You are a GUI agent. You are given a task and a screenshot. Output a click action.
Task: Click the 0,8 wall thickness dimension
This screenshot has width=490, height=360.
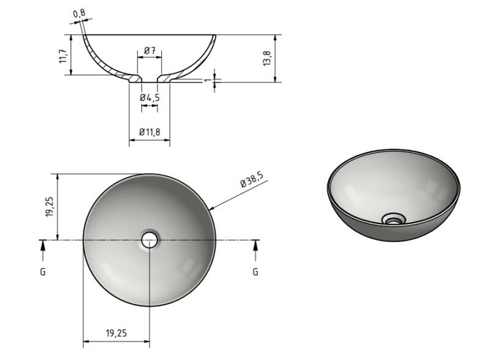pos(78,13)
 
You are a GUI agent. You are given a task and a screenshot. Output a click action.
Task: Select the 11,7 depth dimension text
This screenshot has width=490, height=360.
pos(62,56)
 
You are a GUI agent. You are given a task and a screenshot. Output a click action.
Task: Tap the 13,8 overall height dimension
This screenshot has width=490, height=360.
pos(266,59)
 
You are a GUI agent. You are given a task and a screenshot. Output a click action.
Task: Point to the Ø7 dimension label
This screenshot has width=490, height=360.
pos(149,49)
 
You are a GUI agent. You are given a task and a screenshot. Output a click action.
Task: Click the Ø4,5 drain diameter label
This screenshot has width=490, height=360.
pos(149,97)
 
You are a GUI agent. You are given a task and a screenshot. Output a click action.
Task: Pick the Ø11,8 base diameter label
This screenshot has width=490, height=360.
pos(149,132)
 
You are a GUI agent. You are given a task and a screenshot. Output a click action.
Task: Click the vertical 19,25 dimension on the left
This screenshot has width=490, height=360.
pos(50,206)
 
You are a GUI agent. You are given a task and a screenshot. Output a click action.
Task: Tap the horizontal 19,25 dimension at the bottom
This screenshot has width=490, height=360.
pos(116,333)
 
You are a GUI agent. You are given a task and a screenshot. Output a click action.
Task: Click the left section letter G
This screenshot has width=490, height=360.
pos(42,271)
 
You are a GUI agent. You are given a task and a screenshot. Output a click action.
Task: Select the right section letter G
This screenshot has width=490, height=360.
pos(255,271)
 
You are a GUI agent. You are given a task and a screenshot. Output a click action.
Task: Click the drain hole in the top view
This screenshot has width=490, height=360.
pos(149,239)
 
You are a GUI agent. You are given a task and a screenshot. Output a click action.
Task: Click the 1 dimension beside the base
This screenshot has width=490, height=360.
pos(208,80)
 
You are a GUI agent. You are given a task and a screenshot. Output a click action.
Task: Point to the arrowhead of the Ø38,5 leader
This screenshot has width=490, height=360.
pos(210,209)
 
